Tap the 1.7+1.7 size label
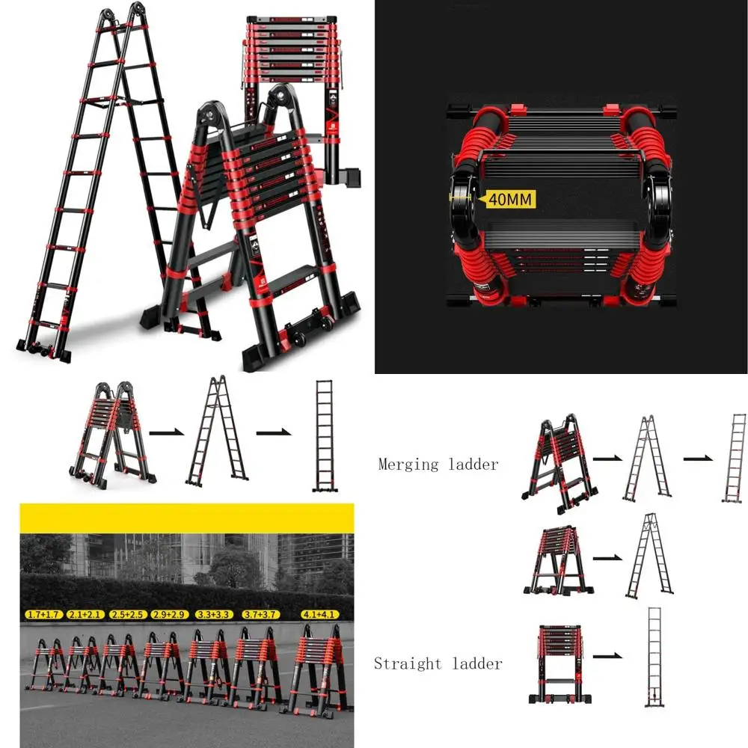[x=43, y=615]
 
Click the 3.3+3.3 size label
[x=212, y=615]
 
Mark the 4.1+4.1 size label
[x=320, y=615]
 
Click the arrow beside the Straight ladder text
[x=607, y=656]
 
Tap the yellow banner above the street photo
[x=186, y=518]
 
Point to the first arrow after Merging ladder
[x=607, y=458]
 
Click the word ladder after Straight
[x=478, y=663]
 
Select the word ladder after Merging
[x=473, y=465]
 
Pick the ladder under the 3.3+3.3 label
[x=206, y=666]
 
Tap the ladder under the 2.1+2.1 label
[x=80, y=665]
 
